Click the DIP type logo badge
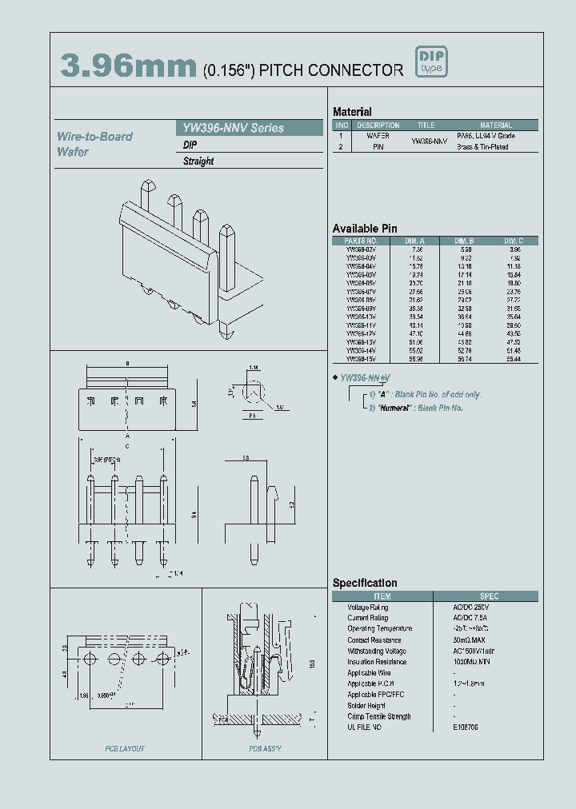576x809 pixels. click(430, 62)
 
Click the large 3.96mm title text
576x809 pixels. click(128, 67)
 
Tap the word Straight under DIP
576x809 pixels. click(198, 161)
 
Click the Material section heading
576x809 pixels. click(352, 112)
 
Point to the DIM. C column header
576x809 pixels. click(514, 241)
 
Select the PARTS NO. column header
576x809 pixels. click(361, 241)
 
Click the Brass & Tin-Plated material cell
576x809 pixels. click(482, 147)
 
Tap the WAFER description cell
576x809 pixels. click(378, 137)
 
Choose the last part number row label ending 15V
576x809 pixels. click(361, 360)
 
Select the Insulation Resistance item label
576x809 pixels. click(378, 662)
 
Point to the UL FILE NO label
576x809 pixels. click(365, 727)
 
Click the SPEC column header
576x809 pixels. click(489, 596)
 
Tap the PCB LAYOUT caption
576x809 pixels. click(125, 748)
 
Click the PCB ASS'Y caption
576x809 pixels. click(265, 748)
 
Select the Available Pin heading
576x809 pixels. click(365, 229)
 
